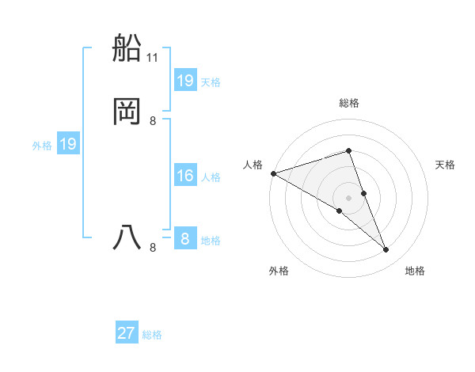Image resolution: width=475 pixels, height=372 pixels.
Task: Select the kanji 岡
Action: click(127, 111)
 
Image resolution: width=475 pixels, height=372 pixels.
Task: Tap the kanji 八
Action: click(127, 237)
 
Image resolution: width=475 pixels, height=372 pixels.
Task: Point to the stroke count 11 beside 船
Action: click(153, 58)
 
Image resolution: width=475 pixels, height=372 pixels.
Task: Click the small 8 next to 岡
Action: click(153, 121)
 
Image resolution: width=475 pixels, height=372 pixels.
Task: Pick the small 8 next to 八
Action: click(153, 248)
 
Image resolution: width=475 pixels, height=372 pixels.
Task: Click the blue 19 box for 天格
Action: click(185, 81)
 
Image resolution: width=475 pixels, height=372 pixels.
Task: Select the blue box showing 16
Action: click(185, 176)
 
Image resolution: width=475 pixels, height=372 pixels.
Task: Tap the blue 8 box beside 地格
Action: click(185, 239)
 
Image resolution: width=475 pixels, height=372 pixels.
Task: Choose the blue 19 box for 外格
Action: click(68, 144)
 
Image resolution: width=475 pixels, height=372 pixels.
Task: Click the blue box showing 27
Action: click(127, 333)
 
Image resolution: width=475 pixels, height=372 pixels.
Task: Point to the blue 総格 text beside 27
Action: click(152, 335)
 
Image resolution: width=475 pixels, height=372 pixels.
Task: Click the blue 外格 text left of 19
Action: click(42, 146)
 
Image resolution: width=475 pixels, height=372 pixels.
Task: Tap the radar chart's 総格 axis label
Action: click(348, 103)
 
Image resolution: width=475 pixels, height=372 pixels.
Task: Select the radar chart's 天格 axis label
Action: click(446, 165)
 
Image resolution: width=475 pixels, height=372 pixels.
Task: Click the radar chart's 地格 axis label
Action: click(415, 271)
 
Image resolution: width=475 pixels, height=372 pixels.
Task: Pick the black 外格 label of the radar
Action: click(279, 271)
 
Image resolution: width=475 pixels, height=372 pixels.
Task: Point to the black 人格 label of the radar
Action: click(253, 165)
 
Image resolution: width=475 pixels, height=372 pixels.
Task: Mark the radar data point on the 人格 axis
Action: click(273, 173)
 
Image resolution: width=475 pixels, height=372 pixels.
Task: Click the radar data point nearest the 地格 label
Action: click(386, 250)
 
